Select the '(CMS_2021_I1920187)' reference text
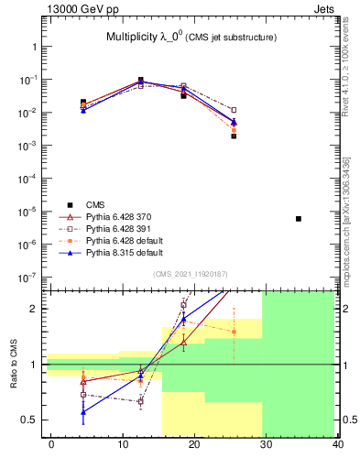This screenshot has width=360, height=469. (191, 273)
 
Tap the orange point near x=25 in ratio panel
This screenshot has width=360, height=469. (235, 332)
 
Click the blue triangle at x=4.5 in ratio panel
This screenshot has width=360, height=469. (83, 412)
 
